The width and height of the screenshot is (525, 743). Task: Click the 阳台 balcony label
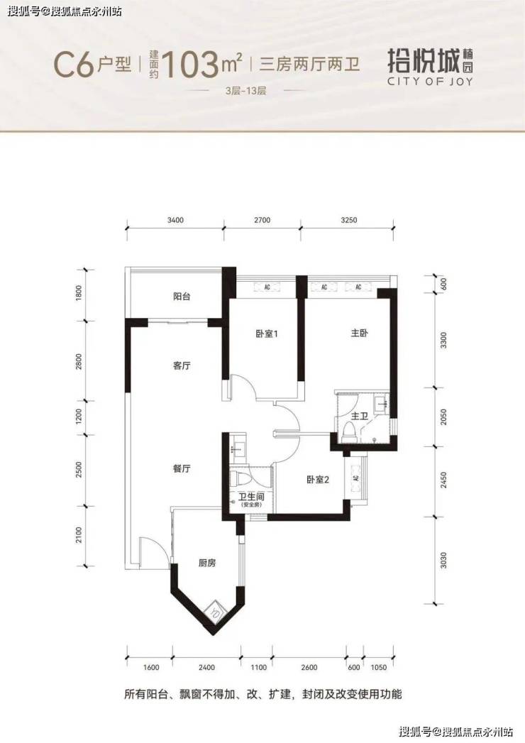[182, 297]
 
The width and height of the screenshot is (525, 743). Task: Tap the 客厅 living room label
[182, 365]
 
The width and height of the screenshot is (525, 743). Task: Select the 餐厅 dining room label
[182, 468]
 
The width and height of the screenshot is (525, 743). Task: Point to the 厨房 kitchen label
[207, 563]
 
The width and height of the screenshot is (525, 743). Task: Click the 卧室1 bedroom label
[266, 334]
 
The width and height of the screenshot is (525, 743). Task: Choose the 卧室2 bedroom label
[317, 480]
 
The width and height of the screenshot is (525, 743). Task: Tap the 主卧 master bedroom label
[359, 333]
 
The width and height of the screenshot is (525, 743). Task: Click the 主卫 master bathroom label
[360, 417]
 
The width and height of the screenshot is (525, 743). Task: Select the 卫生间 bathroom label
[251, 497]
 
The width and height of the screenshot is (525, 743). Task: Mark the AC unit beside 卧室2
[356, 478]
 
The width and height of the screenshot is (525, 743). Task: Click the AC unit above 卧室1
[267, 287]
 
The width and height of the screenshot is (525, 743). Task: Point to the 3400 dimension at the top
[175, 220]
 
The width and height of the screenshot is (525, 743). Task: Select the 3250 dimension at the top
[349, 220]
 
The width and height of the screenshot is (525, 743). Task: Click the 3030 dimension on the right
[443, 560]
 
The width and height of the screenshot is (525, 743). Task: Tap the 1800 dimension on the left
[79, 292]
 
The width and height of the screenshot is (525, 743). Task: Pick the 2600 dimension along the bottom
[309, 668]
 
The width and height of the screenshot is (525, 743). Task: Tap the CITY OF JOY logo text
[430, 81]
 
